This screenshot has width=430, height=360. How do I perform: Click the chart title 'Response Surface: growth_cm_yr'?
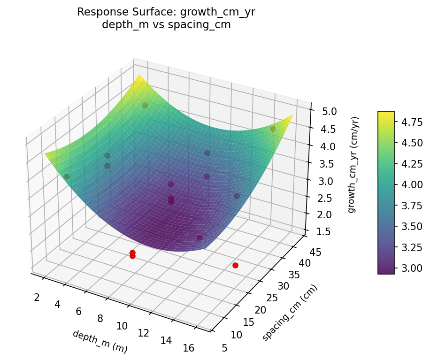(x=166, y=12)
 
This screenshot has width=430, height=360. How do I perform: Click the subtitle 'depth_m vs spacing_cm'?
(x=166, y=25)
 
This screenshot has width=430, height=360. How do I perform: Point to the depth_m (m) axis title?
(x=100, y=341)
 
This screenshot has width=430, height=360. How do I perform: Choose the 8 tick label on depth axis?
(x=100, y=319)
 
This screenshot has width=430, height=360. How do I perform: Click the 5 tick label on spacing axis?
(x=224, y=348)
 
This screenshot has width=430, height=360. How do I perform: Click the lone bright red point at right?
(x=235, y=266)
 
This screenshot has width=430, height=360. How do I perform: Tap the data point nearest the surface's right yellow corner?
(x=273, y=129)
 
